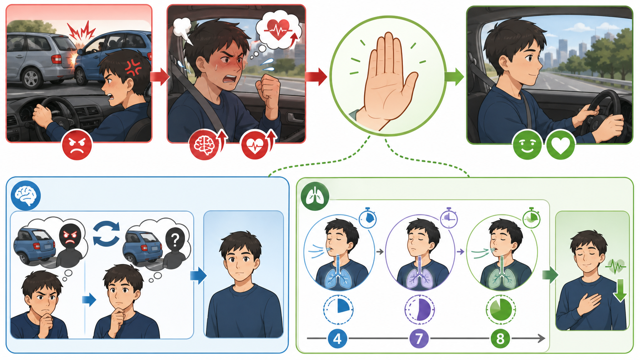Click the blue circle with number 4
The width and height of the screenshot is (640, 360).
click(x=337, y=339)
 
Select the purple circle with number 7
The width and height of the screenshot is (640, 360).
click(x=419, y=339)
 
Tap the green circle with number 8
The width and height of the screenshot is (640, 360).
click(x=500, y=339)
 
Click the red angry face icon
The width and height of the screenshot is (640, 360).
click(x=77, y=145)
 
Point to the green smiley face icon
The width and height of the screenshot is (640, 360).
click(x=527, y=145)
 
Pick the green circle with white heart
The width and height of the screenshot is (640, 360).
click(x=560, y=145)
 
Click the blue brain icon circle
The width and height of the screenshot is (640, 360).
click(x=26, y=195)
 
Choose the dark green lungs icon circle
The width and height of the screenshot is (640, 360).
click(x=315, y=196)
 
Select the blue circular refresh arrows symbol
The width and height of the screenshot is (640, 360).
click(x=106, y=233)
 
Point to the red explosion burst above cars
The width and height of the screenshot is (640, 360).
click(x=81, y=31)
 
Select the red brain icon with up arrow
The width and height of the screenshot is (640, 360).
click(x=208, y=145)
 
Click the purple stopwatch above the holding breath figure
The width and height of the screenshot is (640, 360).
click(x=449, y=218)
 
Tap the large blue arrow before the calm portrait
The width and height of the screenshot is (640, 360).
click(x=198, y=275)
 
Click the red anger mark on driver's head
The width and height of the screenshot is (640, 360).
click(x=133, y=67)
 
